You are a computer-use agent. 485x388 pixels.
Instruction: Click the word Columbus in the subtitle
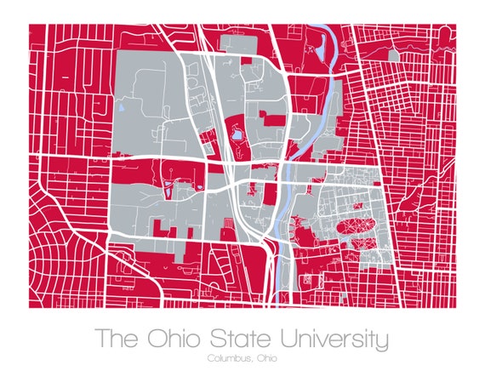pos(226,358)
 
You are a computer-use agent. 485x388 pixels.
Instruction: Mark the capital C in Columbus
pos(209,358)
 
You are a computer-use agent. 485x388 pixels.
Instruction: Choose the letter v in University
pos(323,339)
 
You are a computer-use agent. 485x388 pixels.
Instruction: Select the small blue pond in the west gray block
pos(122,108)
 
